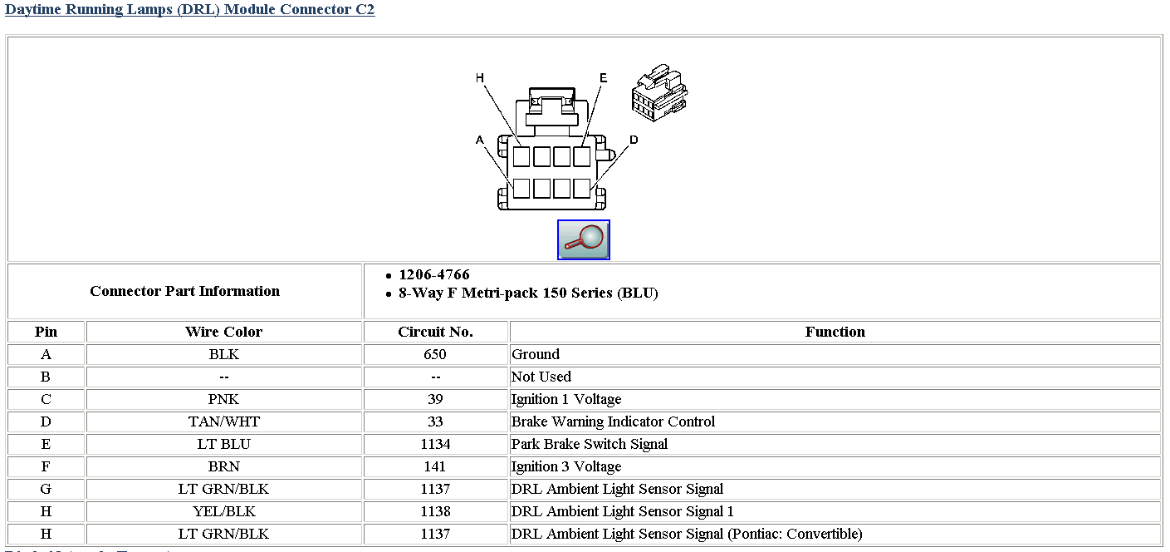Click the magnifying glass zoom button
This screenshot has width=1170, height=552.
(x=584, y=240)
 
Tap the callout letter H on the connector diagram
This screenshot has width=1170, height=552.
(x=479, y=78)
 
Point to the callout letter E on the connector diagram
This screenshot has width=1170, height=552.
(x=604, y=78)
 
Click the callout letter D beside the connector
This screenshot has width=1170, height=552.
(x=634, y=140)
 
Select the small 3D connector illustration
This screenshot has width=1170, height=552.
(x=659, y=92)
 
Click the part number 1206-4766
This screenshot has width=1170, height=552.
(x=434, y=275)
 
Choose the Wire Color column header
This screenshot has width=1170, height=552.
(x=223, y=332)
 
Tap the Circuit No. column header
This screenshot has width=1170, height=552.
(x=436, y=332)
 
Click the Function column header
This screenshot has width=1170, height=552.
(x=835, y=332)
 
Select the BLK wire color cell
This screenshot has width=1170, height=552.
(x=223, y=354)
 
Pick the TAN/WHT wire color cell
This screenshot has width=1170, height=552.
(x=223, y=421)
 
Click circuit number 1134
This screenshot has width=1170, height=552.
(x=436, y=444)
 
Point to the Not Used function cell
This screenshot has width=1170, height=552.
(x=541, y=377)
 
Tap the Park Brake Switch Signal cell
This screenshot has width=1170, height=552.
(x=590, y=444)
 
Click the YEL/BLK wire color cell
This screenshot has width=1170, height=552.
(x=223, y=512)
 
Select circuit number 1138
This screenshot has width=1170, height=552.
(x=436, y=512)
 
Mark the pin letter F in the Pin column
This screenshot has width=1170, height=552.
(x=46, y=467)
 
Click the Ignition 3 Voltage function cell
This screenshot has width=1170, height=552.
(x=566, y=467)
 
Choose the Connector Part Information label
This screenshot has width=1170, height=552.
(x=184, y=291)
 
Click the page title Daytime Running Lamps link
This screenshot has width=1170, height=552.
(x=189, y=9)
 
